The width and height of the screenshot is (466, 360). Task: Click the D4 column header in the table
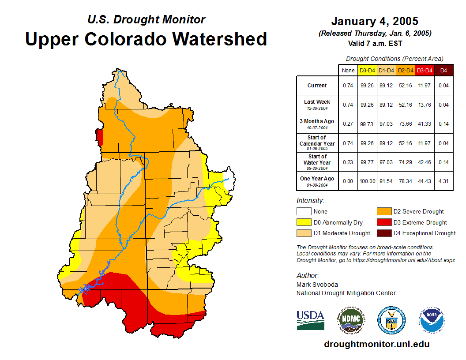point(443,70)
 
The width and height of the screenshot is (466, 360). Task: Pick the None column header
point(348,70)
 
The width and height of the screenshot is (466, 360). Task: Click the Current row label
point(317,86)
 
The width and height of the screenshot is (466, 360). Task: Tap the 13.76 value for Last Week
point(425,105)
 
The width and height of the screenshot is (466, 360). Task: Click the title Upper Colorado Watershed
point(146,39)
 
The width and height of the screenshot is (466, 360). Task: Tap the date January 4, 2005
point(375,21)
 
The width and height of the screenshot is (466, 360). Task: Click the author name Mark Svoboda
point(317,285)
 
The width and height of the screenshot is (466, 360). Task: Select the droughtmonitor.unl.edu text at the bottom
point(376,344)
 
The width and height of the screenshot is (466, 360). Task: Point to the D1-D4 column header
point(387,70)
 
